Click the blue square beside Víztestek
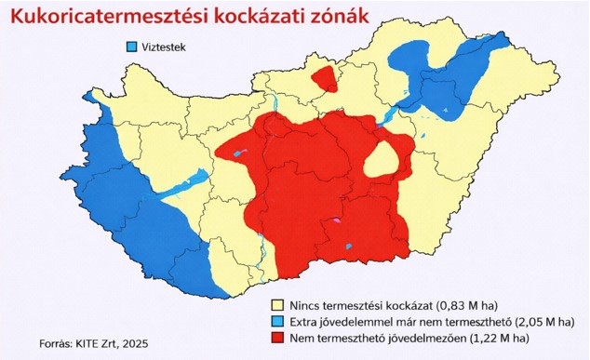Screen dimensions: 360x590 (x=131, y=47)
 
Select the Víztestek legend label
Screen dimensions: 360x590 (x=165, y=47)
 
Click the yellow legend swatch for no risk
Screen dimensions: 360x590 (x=276, y=304)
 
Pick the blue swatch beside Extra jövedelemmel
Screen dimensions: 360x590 (x=276, y=320)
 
